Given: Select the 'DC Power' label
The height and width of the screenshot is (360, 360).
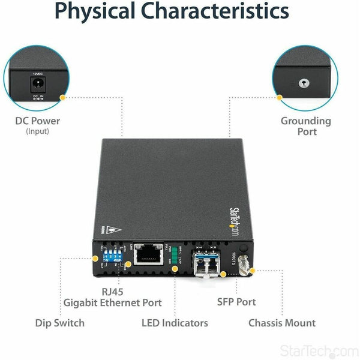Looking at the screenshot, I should (x=38, y=121).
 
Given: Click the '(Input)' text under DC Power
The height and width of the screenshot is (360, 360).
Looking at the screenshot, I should (x=37, y=131).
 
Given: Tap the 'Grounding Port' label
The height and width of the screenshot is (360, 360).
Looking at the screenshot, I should (x=306, y=126).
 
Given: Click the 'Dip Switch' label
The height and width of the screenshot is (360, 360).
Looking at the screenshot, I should (x=61, y=323).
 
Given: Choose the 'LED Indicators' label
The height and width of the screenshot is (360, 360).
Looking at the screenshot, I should (x=175, y=323).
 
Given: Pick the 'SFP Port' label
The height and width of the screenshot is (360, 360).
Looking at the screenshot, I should (x=236, y=302).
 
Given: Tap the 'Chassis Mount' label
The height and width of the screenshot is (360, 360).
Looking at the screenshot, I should (x=282, y=323).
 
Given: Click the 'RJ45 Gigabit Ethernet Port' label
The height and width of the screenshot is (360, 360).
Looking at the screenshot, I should (x=112, y=297).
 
